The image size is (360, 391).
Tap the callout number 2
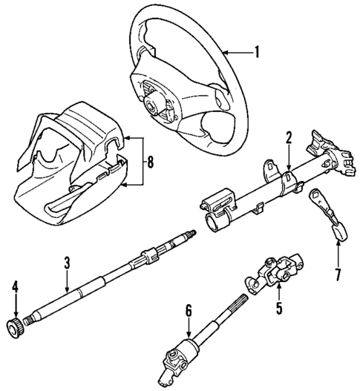point(289,138)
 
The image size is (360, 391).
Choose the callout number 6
point(189,312)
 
